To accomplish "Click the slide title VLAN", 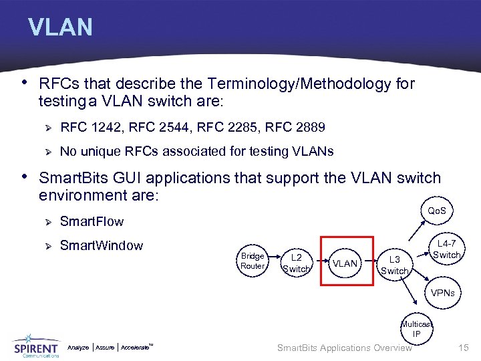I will (60, 27).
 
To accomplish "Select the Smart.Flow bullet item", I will (92, 221).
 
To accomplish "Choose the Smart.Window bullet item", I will (101, 245).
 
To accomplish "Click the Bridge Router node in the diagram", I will (253, 261).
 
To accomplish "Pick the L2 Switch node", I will (297, 263).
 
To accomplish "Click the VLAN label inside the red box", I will (345, 263).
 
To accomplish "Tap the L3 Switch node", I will (394, 265).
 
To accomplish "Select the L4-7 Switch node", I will (446, 250).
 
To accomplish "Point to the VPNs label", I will (442, 293).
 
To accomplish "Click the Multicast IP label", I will (416, 329).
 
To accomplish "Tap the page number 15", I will (464, 348).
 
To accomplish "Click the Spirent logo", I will (36, 346).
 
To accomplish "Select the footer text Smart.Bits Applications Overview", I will (344, 348).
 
